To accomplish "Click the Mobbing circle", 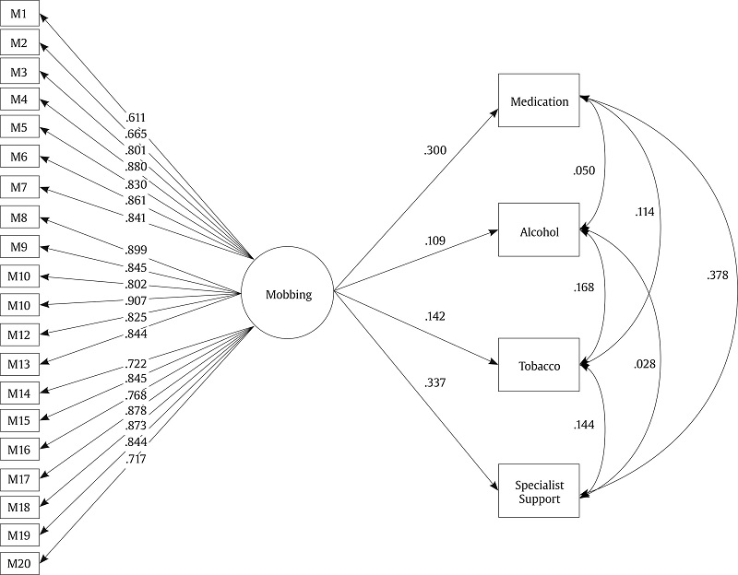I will coord(288,295).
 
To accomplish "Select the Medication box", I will coord(539,101).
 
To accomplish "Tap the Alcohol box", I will coord(539,231).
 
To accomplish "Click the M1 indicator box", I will coord(19,15).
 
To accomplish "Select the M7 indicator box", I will coord(19,188).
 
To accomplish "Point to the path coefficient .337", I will coord(435,382).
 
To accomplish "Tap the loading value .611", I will coord(137,119).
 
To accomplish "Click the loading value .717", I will coord(137,459).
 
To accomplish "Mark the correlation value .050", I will coord(584,170).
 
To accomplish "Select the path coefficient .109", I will coord(435,241).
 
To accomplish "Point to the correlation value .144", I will coord(584,425).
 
